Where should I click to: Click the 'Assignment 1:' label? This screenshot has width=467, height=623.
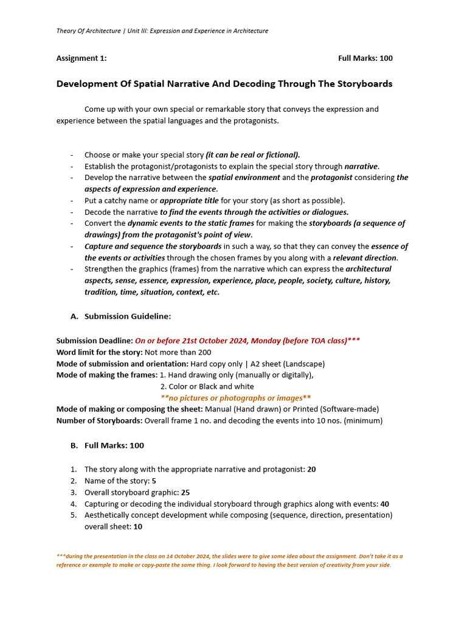click(81, 58)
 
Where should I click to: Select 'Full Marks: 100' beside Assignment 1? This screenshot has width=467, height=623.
click(365, 58)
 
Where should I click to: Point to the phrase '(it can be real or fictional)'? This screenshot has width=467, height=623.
click(253, 155)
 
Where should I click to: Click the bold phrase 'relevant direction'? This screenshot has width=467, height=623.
click(364, 257)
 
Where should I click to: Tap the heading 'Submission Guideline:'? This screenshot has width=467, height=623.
click(128, 316)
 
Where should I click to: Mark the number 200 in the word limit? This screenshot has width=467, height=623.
click(204, 352)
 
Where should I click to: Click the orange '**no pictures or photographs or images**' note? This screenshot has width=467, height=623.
click(235, 398)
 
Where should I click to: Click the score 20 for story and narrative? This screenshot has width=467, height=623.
click(311, 470)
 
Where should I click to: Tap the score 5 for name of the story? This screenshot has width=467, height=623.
click(154, 481)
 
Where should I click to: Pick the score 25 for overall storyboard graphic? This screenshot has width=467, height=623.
click(186, 493)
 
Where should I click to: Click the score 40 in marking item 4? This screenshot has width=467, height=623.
click(384, 504)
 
